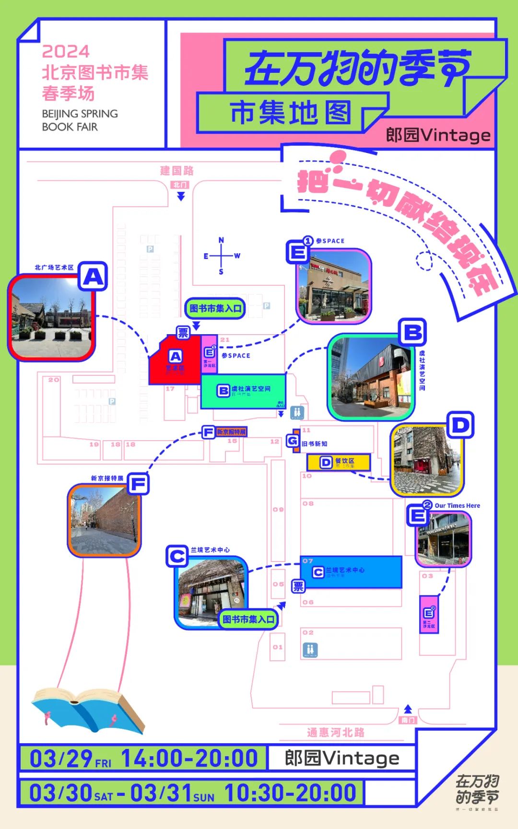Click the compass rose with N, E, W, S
[221, 256]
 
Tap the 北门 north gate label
[180, 185]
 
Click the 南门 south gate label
[408, 720]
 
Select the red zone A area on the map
[175, 362]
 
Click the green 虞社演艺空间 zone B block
[243, 391]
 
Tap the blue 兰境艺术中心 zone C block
[351, 572]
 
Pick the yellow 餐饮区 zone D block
[339, 462]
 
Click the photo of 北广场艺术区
[51, 317]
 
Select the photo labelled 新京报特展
[104, 520]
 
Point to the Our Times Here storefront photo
[443, 538]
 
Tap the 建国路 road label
[177, 171]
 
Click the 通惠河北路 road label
[336, 732]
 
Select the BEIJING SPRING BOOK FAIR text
[80, 120]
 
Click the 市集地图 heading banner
[291, 113]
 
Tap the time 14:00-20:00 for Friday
[189, 759]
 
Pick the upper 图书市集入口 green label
[215, 308]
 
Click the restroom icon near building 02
[310, 650]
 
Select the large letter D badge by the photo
[460, 425]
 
